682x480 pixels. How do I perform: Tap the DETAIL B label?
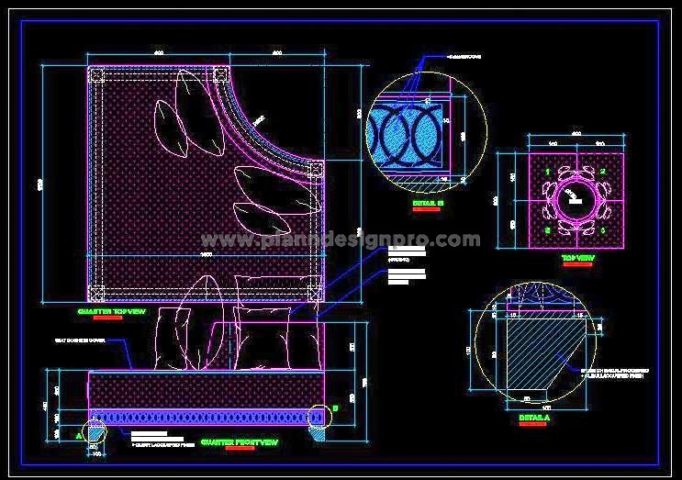click(x=428, y=201)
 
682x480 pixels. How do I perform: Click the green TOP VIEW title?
click(x=577, y=260)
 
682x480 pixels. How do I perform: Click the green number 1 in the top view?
click(x=548, y=172)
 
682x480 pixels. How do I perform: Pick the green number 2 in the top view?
click(x=604, y=172)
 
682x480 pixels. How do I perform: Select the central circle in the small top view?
click(x=576, y=195)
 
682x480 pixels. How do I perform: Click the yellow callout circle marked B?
click(x=319, y=417)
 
